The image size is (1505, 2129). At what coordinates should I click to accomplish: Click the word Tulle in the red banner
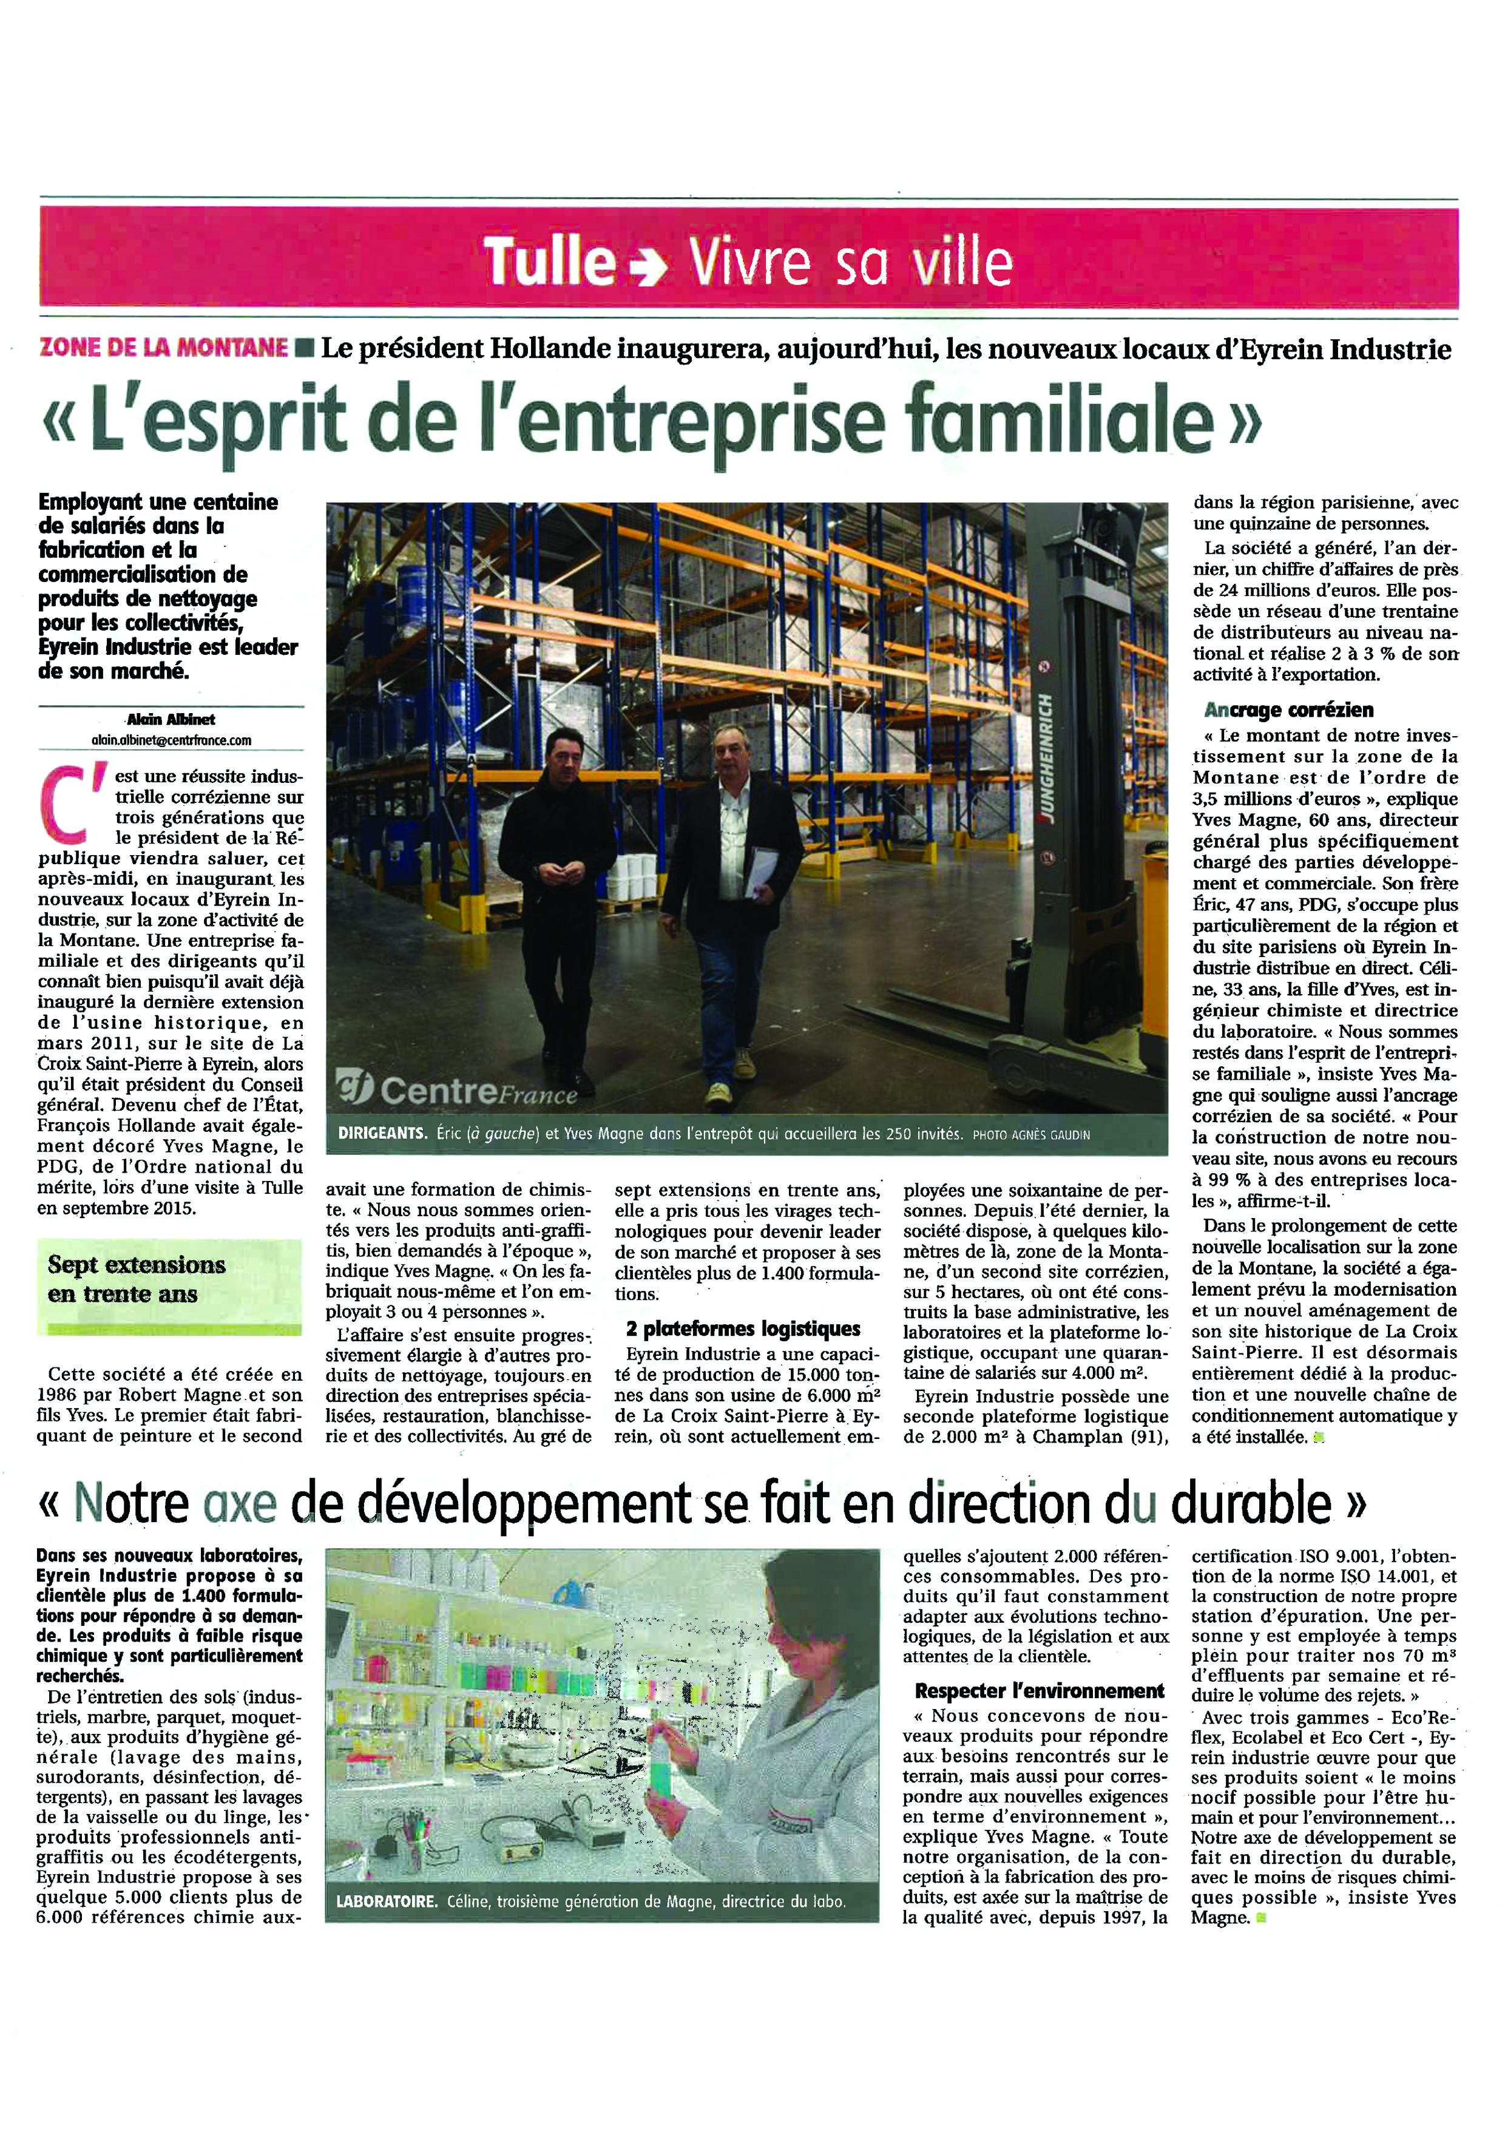[x=550, y=262]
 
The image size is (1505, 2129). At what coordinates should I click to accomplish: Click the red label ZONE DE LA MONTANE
[x=163, y=348]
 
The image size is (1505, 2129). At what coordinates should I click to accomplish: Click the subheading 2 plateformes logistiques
[x=743, y=1329]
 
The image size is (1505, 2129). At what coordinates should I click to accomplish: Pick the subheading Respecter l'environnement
[x=1038, y=1690]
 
